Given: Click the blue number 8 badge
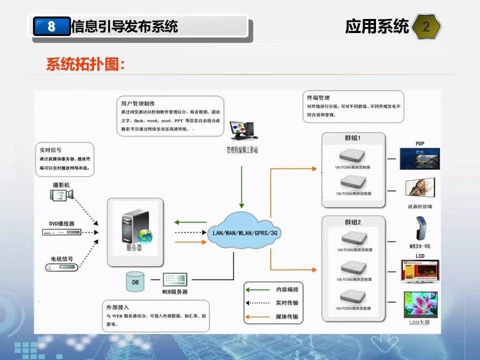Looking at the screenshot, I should coord(51,26).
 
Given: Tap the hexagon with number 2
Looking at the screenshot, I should coord(426,26).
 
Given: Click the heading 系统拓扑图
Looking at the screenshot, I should coord(85,65).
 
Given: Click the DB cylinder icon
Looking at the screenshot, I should coord(135,281).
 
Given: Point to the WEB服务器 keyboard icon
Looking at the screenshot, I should coord(174,280).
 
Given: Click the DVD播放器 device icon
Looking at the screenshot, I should coord(61,232).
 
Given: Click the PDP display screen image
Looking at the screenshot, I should coord(420,158).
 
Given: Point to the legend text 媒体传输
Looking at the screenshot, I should coord(287,317).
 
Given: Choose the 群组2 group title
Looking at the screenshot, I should coord(353,221).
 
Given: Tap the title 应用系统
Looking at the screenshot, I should coord(377,26).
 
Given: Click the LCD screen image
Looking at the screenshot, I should coord(420,272).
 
